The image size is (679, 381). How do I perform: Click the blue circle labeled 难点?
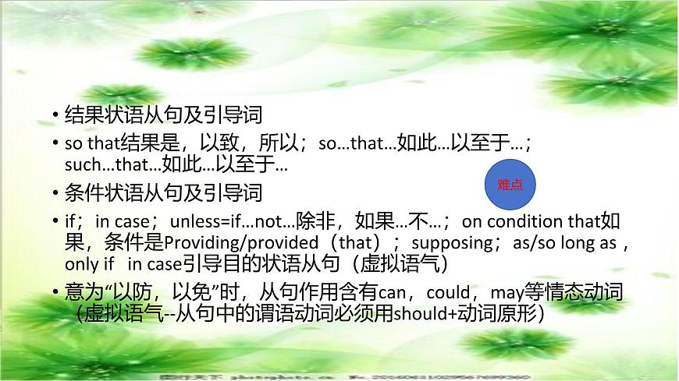click(510, 185)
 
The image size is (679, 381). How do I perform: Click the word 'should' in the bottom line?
click(416, 315)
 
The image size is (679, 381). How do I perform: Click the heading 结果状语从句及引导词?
click(162, 115)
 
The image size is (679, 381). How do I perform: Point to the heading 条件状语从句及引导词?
click(162, 192)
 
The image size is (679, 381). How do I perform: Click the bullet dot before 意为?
click(55, 295)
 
